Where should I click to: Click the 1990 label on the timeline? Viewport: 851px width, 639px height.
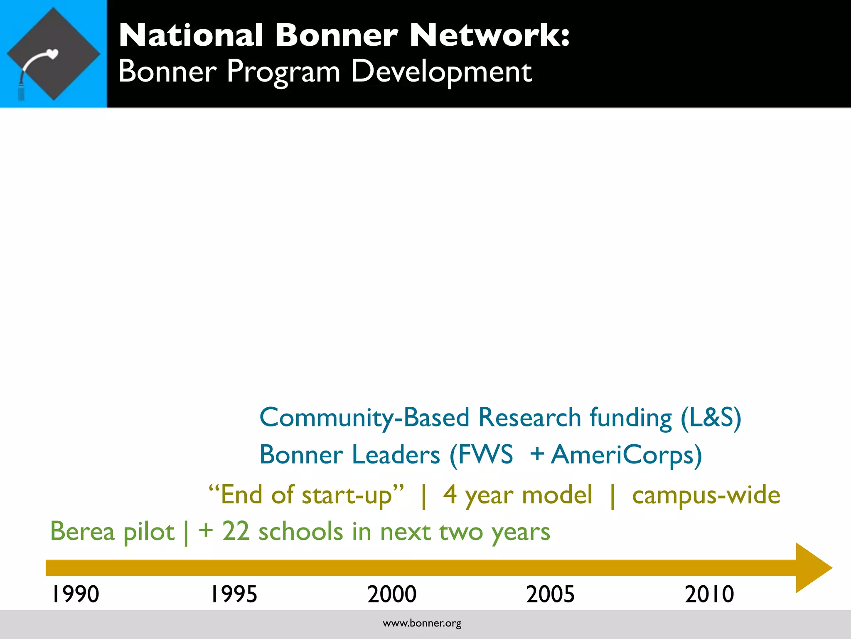(75, 594)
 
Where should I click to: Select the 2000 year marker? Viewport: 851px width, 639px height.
(392, 594)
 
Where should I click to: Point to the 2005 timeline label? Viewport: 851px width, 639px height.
(551, 594)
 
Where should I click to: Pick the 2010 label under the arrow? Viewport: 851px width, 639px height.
(709, 594)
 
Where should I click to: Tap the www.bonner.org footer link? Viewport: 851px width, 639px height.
(422, 623)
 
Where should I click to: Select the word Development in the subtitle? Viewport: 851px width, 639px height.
(441, 72)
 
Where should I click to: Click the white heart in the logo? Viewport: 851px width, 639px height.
(53, 54)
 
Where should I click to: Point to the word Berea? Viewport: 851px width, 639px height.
(82, 532)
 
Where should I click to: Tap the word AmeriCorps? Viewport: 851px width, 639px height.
(626, 455)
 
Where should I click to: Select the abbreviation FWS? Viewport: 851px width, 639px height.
(486, 454)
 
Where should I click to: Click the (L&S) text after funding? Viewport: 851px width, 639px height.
(711, 418)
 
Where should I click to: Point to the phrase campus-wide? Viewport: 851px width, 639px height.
(706, 495)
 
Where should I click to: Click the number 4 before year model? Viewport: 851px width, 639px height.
(450, 495)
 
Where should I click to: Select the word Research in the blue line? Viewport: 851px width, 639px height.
(529, 417)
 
